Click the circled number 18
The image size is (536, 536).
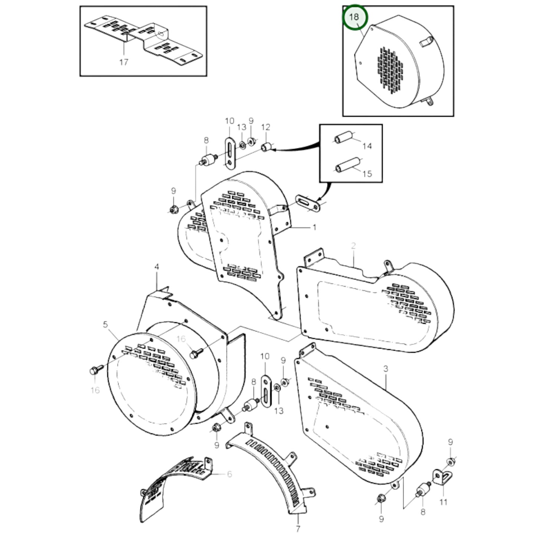(x=354, y=17)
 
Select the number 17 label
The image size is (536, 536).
(x=124, y=62)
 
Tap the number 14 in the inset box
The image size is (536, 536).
(x=367, y=146)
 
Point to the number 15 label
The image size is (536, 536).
(x=367, y=174)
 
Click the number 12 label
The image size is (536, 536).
(x=266, y=127)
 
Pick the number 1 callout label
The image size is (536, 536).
(x=315, y=227)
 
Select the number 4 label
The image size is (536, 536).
(x=157, y=267)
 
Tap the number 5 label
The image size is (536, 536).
(x=105, y=325)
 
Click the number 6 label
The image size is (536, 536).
(x=229, y=474)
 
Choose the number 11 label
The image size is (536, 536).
(x=443, y=502)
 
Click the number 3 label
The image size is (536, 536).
(x=386, y=369)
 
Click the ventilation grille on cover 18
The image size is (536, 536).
(x=390, y=70)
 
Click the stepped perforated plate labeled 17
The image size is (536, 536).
(x=145, y=39)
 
